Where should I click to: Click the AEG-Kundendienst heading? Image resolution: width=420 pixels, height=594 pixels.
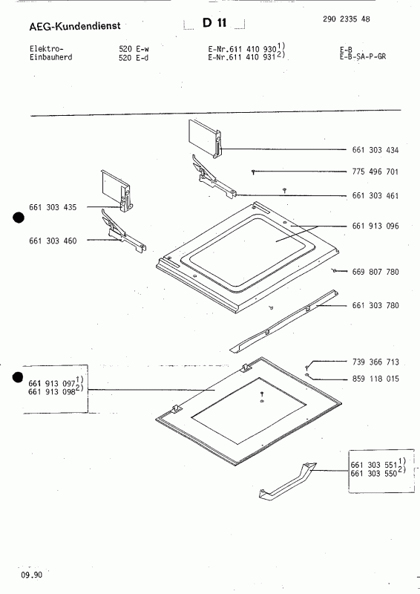point(64,26)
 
